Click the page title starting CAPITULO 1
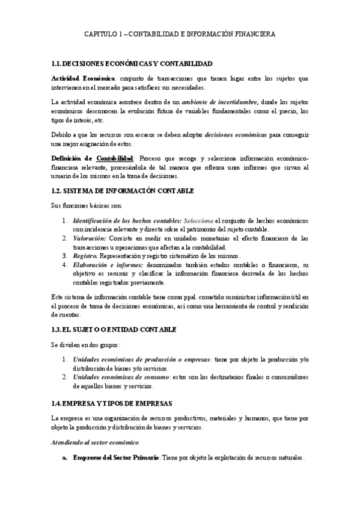point(180,35)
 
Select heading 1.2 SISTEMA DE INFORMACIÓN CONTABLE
point(123,191)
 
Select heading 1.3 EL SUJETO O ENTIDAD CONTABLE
point(114,330)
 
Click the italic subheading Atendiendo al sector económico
point(95,443)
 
